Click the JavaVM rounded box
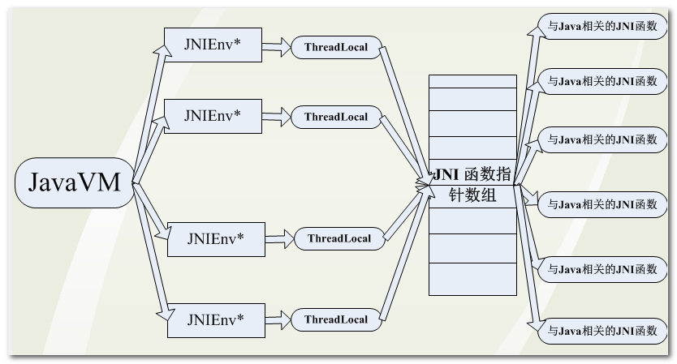74,183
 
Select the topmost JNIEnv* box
213,45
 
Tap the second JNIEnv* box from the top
213,115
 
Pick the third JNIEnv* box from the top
215,238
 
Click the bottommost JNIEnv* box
215,319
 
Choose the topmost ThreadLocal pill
336,47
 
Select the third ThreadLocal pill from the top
339,238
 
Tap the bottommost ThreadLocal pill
336,319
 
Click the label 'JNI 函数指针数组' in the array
472,185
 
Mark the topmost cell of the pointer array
472,81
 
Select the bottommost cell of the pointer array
472,278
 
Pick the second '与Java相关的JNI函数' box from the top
602,81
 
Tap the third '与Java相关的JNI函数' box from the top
602,139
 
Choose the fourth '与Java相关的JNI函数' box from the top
602,204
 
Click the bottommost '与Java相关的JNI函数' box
602,331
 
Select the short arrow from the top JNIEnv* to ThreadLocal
276,47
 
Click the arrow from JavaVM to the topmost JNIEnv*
149,113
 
